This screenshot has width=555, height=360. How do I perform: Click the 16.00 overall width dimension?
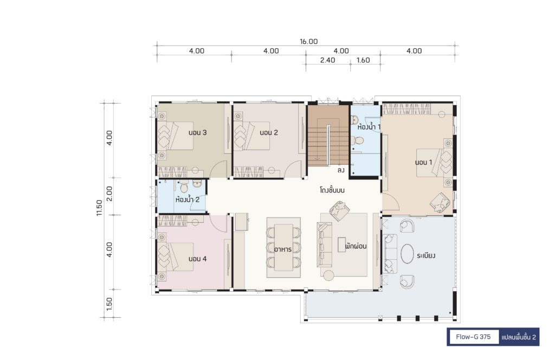[308, 41]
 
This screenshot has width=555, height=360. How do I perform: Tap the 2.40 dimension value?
[327, 60]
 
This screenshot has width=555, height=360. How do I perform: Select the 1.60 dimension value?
[363, 60]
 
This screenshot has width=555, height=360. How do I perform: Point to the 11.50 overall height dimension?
[99, 208]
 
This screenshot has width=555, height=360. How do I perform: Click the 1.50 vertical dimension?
[109, 304]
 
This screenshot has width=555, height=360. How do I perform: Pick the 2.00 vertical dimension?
[109, 194]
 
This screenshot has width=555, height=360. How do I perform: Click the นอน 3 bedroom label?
[197, 133]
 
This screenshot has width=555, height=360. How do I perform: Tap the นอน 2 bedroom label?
[269, 133]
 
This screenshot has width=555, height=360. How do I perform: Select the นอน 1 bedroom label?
[423, 163]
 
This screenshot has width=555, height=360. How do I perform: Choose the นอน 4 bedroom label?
[197, 259]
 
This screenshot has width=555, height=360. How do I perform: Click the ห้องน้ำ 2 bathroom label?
[187, 199]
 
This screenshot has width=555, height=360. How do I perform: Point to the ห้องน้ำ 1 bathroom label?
[369, 126]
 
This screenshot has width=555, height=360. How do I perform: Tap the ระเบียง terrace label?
[426, 255]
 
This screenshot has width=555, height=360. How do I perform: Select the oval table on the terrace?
[407, 254]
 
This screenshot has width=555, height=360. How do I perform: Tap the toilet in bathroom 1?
[359, 141]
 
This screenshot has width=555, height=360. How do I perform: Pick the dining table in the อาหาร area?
[283, 247]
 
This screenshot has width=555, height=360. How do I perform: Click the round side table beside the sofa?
[328, 275]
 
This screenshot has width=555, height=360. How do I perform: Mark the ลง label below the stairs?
[341, 171]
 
